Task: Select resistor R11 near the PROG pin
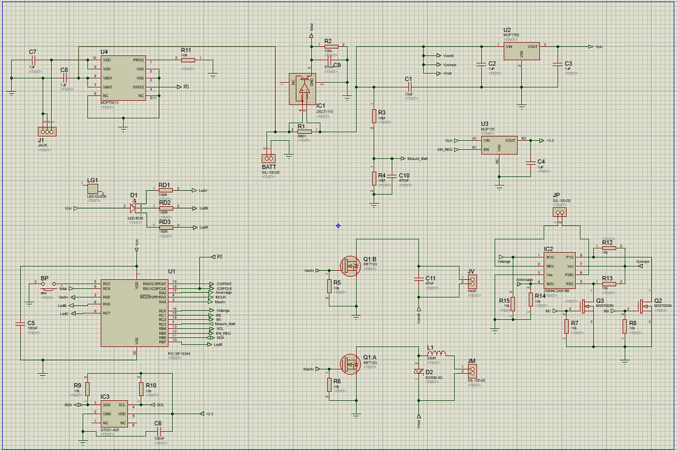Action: tap(187, 60)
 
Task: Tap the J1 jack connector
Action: tap(46, 131)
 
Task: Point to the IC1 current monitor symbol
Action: tap(302, 88)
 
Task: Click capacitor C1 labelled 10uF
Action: tap(409, 87)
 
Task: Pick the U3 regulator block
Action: tap(499, 146)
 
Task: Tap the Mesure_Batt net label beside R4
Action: tap(417, 158)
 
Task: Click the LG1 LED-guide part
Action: tap(93, 188)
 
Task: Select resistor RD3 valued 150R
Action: tap(166, 227)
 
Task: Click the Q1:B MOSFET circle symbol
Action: tap(351, 264)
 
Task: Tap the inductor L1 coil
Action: tap(437, 356)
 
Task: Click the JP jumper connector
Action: tap(559, 213)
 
